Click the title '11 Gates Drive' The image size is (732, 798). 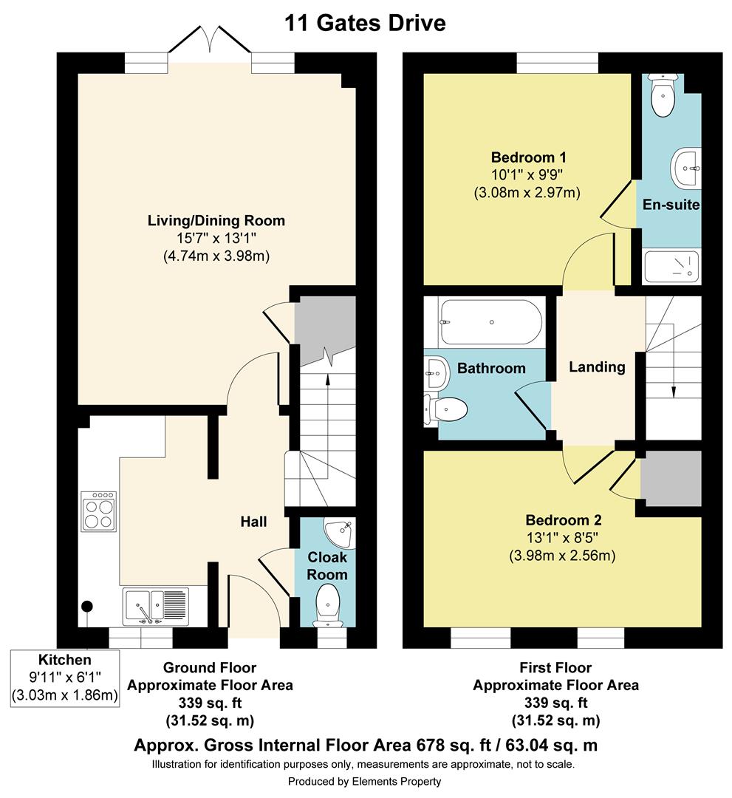click(365, 23)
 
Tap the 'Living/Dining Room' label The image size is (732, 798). click(216, 220)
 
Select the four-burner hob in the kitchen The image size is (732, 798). click(99, 511)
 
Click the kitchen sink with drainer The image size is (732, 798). click(156, 607)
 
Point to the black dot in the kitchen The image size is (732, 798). click(87, 606)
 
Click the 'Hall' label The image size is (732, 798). click(253, 522)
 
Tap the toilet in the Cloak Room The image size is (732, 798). click(328, 604)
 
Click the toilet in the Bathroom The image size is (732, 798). click(446, 409)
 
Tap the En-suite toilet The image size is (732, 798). click(663, 95)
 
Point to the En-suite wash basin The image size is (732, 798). click(685, 168)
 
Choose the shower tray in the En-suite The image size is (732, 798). click(671, 267)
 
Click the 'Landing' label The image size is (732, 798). click(597, 367)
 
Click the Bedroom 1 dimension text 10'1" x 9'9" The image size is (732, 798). click(527, 175)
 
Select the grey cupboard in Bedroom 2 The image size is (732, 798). click(671, 478)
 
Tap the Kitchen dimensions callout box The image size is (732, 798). click(65, 678)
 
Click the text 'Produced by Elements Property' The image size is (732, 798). click(365, 781)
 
